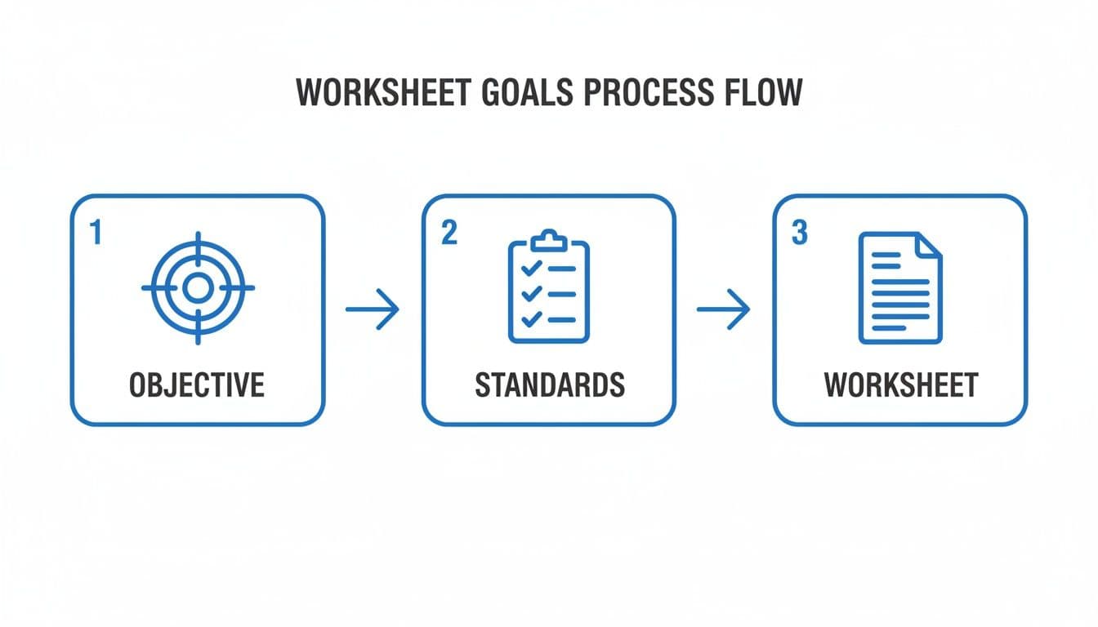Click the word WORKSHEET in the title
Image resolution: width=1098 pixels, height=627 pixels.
click(x=383, y=94)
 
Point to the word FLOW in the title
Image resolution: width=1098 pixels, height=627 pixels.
click(x=762, y=94)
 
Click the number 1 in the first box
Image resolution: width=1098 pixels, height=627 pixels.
click(x=96, y=233)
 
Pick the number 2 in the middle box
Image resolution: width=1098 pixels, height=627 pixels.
click(x=449, y=233)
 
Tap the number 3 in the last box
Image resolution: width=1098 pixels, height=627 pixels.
click(x=799, y=233)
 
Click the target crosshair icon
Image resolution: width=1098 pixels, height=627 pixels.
click(x=198, y=288)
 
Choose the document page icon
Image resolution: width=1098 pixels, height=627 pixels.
click(x=899, y=288)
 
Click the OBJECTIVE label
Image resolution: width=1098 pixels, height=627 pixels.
click(x=197, y=385)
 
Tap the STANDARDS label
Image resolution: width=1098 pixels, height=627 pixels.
click(x=549, y=385)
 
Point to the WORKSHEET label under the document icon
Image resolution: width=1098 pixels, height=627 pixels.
click(x=900, y=385)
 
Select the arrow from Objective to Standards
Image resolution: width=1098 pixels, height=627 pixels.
click(x=373, y=309)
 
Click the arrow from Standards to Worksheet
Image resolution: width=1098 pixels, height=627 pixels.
click(x=723, y=309)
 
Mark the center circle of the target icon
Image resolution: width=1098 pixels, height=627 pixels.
click(x=198, y=288)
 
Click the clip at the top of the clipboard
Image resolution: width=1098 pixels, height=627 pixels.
click(x=548, y=240)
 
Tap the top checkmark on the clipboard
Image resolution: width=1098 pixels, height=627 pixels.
click(x=529, y=269)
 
